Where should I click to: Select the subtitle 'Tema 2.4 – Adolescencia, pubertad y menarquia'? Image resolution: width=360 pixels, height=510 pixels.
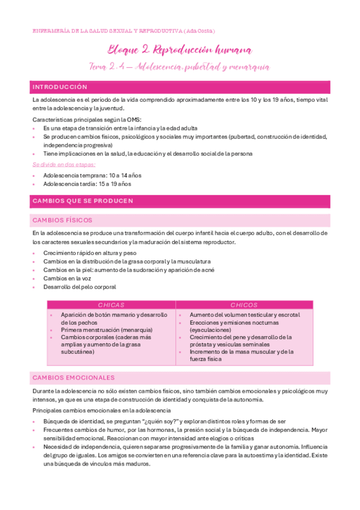point(180,67)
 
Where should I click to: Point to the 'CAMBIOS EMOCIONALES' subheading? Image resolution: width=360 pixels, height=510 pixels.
point(73,378)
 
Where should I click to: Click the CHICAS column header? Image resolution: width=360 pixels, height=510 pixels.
point(111,305)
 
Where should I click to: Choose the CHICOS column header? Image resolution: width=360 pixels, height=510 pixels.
point(243,305)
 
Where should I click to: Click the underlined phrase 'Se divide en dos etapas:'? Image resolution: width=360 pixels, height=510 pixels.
point(64,164)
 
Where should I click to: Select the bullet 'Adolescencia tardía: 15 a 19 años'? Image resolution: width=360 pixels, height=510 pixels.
point(87,183)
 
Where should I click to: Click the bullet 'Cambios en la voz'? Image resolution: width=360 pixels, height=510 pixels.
point(68,278)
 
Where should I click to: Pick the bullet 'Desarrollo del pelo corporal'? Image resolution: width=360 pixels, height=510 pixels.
point(79,287)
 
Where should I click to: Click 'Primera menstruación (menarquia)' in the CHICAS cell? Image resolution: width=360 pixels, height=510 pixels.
point(106,330)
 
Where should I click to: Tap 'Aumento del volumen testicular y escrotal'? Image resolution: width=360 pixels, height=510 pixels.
point(244,315)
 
